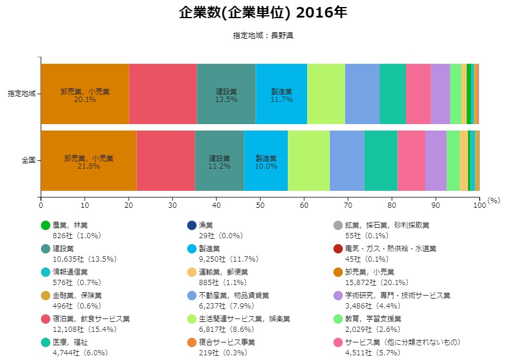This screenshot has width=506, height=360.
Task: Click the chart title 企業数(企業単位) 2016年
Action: [x=263, y=13]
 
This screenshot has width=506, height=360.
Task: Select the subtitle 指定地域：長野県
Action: [x=263, y=36]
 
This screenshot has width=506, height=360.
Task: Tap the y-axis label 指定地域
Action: [x=22, y=93]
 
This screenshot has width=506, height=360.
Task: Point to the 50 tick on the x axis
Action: [x=260, y=205]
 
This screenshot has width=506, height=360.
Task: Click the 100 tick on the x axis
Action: [x=479, y=205]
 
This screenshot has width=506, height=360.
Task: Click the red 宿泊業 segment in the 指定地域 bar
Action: [x=163, y=94]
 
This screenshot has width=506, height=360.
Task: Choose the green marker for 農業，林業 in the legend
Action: [x=46, y=225]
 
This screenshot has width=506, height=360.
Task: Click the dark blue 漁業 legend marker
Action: [x=191, y=225]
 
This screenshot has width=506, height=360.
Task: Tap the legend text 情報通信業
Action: [x=71, y=272]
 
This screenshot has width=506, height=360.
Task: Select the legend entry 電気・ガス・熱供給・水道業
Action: [x=391, y=249]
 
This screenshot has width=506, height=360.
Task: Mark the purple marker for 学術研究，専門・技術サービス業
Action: [x=338, y=296]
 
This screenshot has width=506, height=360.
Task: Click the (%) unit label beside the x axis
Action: [x=494, y=200]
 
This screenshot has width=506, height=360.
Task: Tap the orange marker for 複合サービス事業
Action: [x=191, y=342]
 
